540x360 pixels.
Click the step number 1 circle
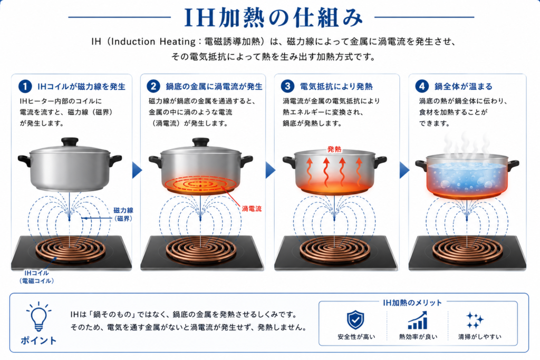click(x=25, y=86)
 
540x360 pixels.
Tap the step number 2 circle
click(x=153, y=86)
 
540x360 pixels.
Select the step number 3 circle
click(x=287, y=86)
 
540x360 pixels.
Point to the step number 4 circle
click(x=422, y=86)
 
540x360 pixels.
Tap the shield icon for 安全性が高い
click(x=355, y=320)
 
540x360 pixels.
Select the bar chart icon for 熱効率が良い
click(x=418, y=320)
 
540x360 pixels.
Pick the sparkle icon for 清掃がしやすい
click(x=475, y=320)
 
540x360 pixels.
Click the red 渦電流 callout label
click(x=252, y=209)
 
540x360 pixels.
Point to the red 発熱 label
click(x=334, y=149)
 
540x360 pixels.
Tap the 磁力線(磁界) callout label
click(x=123, y=214)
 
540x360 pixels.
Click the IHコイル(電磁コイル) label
click(x=36, y=277)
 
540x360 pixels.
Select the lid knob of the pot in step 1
click(x=70, y=142)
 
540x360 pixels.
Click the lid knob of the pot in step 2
click(x=201, y=142)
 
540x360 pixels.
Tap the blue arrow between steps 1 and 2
click(x=137, y=170)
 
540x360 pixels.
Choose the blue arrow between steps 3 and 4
click(x=404, y=170)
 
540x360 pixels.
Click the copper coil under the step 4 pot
click(x=467, y=249)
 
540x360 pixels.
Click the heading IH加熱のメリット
click(x=412, y=303)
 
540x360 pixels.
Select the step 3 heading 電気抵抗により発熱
click(x=336, y=86)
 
